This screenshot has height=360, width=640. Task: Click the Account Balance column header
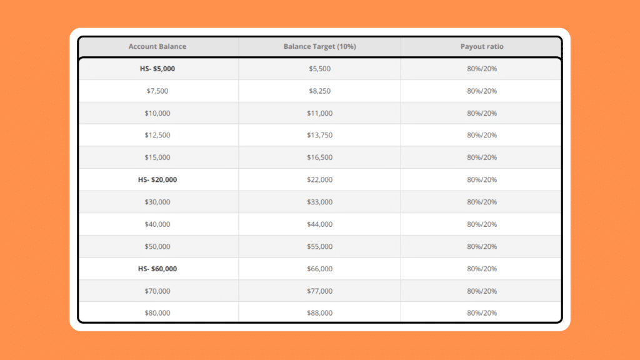[157, 47]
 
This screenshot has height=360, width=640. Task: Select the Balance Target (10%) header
[319, 47]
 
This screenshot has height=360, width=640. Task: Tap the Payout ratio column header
[481, 47]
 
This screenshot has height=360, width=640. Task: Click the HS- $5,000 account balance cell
[157, 69]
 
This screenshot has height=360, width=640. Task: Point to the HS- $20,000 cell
[157, 180]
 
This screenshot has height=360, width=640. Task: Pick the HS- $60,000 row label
[157, 269]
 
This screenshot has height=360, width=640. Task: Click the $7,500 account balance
[157, 91]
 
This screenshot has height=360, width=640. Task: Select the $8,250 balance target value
[319, 91]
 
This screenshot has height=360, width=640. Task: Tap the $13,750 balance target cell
[319, 135]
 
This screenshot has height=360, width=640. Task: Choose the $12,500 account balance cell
[157, 135]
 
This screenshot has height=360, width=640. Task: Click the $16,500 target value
[319, 157]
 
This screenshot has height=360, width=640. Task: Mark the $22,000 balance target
[319, 180]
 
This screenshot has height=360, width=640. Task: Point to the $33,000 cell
[319, 202]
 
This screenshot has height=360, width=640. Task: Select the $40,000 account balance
[157, 224]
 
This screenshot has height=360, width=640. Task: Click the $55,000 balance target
[319, 246]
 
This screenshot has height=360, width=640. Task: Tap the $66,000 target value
[319, 269]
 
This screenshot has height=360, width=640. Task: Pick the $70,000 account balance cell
[157, 291]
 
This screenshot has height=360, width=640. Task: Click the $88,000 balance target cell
[319, 312]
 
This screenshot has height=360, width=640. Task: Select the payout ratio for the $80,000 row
[481, 312]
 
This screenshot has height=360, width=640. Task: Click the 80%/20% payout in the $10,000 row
[481, 113]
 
